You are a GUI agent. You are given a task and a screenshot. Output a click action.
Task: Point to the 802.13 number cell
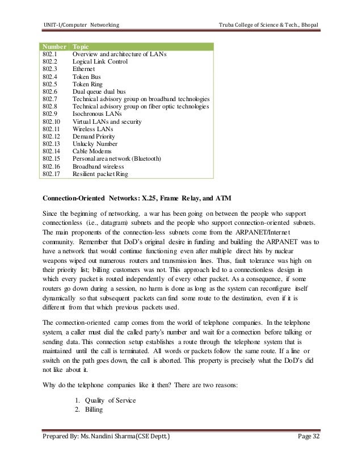tap(52, 144)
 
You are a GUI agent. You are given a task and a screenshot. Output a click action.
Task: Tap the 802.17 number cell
tap(52, 174)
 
